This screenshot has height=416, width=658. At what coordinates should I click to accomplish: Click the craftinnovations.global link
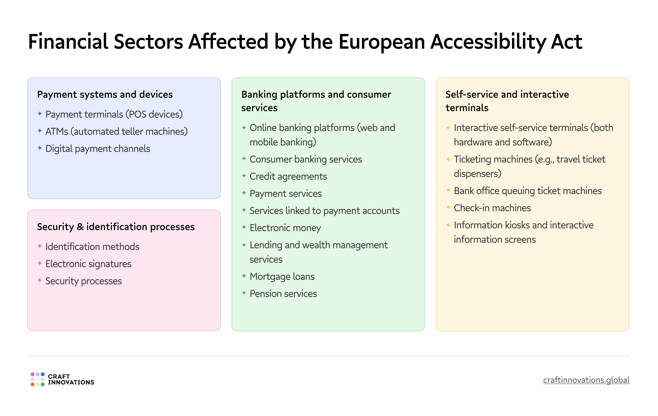pyautogui.click(x=586, y=380)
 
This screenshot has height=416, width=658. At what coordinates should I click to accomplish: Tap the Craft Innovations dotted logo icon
pyautogui.click(x=37, y=379)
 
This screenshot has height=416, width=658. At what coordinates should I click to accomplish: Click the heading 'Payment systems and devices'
pyautogui.click(x=105, y=94)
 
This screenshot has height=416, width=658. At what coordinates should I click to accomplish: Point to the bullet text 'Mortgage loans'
pyautogui.click(x=282, y=276)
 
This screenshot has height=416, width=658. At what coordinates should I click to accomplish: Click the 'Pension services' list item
pyautogui.click(x=283, y=293)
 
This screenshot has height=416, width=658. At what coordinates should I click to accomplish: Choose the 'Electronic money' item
pyautogui.click(x=285, y=228)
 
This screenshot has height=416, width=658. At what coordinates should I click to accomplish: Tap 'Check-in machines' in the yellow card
pyautogui.click(x=492, y=208)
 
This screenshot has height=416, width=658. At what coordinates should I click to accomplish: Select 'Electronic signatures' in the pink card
pyautogui.click(x=88, y=264)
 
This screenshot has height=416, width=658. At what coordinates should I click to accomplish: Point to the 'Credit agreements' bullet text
pyautogui.click(x=288, y=176)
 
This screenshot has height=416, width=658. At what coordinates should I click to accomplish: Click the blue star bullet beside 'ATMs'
pyautogui.click(x=40, y=131)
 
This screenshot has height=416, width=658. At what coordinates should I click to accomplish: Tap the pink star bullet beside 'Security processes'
pyautogui.click(x=40, y=280)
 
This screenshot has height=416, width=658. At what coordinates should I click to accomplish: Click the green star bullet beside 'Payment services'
pyautogui.click(x=244, y=193)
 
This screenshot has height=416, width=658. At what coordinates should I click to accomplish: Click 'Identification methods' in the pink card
pyautogui.click(x=92, y=247)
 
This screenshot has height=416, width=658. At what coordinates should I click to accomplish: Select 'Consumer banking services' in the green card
pyautogui.click(x=306, y=159)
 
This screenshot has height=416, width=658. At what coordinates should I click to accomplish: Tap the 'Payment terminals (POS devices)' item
pyautogui.click(x=114, y=114)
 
